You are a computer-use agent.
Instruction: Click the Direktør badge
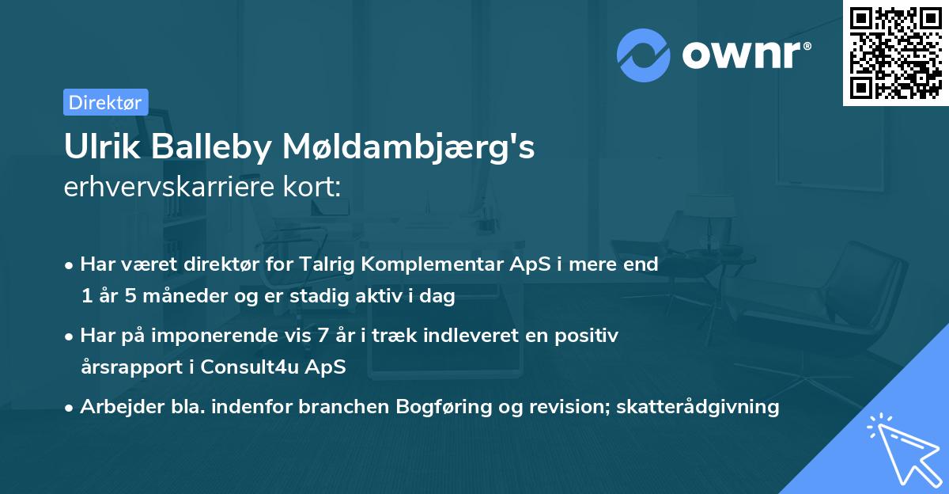(x=105, y=102)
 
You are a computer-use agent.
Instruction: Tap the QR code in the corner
(x=895, y=52)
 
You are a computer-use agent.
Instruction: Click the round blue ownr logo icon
(x=644, y=55)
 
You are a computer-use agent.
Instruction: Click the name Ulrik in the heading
(x=99, y=148)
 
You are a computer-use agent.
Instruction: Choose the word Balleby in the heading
(x=217, y=148)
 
